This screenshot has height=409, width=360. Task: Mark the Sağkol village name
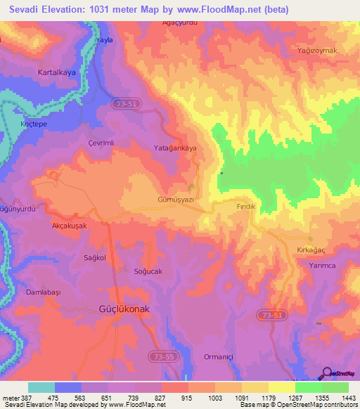coord(94,258)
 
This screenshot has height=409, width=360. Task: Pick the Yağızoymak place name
coord(318,51)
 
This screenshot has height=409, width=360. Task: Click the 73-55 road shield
coord(161,358)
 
